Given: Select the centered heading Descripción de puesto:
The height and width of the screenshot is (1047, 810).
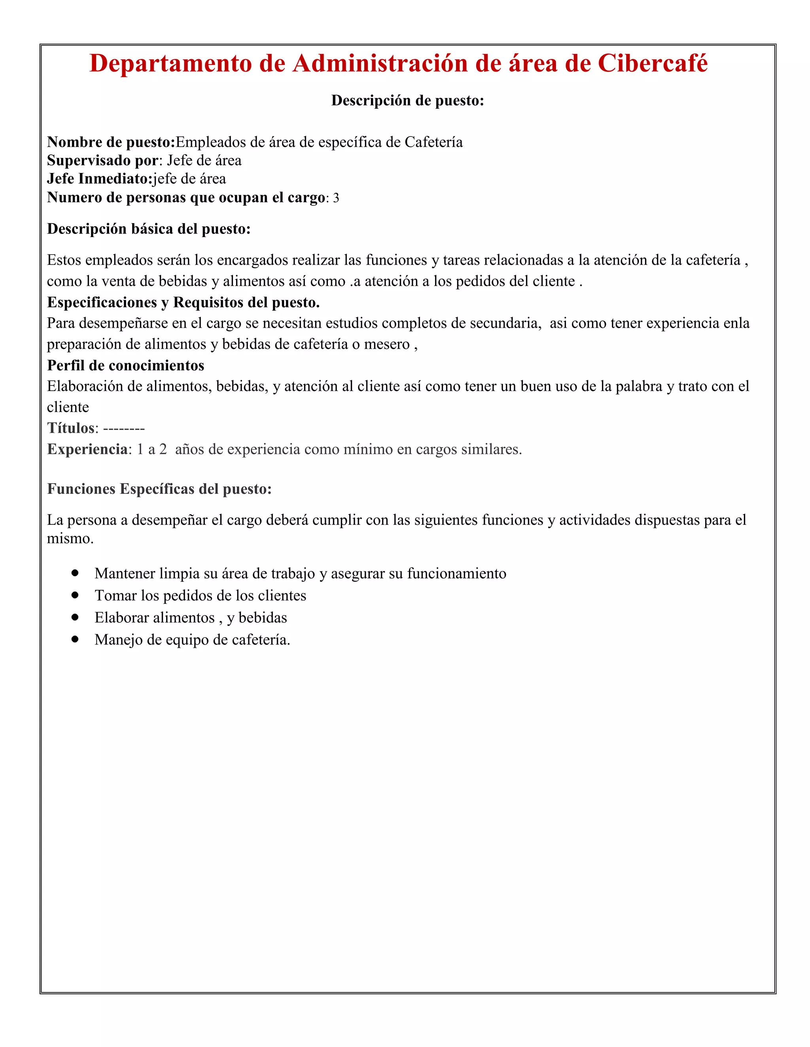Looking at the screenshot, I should [407, 100].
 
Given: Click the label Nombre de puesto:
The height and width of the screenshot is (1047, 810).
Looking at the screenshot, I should [111, 142].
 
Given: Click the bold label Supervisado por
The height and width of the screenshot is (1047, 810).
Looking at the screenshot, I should [102, 161].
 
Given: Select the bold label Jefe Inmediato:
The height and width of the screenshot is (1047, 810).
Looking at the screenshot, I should [100, 179].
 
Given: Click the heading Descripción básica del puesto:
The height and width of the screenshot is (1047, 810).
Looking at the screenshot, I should [149, 229].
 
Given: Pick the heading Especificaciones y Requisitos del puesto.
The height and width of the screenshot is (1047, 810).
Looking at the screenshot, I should [183, 302].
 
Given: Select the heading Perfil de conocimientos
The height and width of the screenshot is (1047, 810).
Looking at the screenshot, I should [126, 366].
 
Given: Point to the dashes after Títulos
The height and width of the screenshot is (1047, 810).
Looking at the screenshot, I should [124, 429].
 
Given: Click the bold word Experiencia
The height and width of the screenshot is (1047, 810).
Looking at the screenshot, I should [87, 450].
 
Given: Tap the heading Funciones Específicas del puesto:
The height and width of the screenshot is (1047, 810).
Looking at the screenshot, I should [159, 489].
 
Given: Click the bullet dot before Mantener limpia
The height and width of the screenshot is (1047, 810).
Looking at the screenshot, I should [75, 573].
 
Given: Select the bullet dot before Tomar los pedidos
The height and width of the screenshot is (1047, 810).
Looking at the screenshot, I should [75, 595].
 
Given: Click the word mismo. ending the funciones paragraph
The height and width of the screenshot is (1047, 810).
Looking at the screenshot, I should [70, 539].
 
